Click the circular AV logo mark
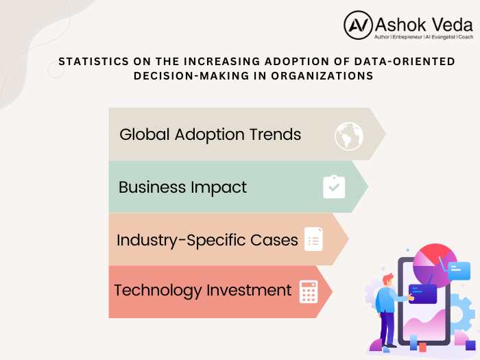pos(358,25)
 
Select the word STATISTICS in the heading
pos(94,61)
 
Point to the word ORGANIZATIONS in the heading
pos(322,75)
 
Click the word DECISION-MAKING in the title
pos(191,75)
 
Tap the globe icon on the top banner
pos(348,136)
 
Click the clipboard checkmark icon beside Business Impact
pos(334,187)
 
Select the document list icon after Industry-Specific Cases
pos(313,239)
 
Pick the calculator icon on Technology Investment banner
pos(309,291)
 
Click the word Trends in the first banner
pos(275,134)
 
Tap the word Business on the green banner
pos(152,187)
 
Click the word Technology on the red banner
pos(158,291)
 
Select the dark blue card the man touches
pos(422,294)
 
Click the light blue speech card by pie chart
pos(459,271)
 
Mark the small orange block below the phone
pos(423,348)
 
